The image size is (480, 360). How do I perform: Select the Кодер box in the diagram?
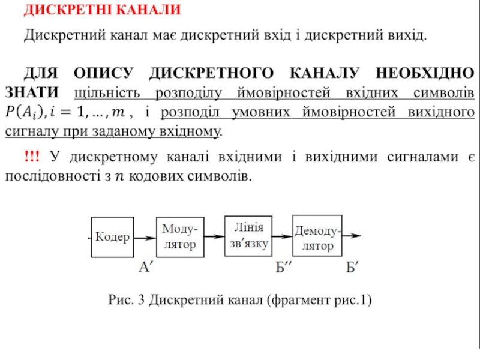(x=112, y=238)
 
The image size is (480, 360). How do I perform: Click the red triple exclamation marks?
(x=32, y=157)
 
